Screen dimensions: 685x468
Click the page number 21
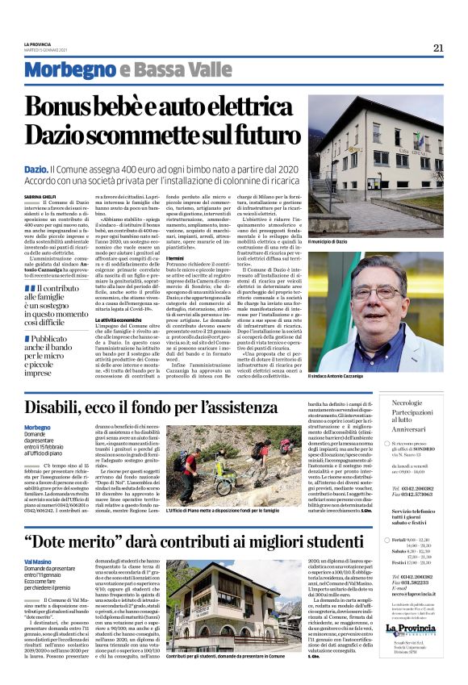coord(438,48)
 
